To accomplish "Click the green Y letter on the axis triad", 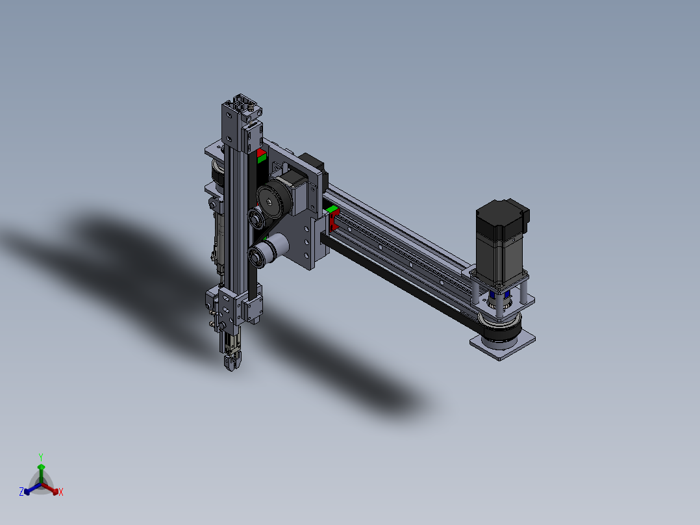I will pos(40,456).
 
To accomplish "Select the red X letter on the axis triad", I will pos(61,493).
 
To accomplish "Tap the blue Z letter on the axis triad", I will pos(21,493).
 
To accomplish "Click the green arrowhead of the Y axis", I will pos(40,467).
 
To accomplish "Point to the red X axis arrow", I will pos(53,489).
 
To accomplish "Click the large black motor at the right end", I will pos(502,240).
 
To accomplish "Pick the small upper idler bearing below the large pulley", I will pos(257,218).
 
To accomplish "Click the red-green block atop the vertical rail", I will pos(261,156).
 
